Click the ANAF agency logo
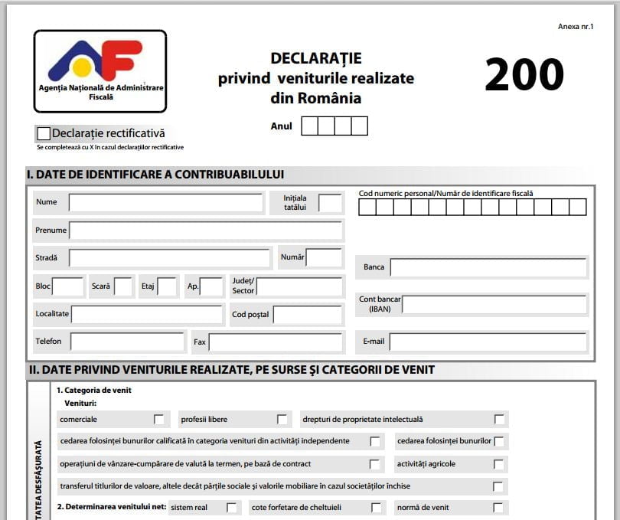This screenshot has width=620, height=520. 100,70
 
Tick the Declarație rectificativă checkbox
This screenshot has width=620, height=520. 44,134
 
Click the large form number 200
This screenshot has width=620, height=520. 524,75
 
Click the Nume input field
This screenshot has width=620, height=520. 165,203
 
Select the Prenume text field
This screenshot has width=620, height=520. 205,231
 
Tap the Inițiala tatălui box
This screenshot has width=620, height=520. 330,203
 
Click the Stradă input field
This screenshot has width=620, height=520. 169,258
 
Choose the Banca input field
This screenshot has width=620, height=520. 488,267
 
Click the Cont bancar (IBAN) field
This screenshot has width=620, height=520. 494,305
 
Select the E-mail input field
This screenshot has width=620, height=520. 488,342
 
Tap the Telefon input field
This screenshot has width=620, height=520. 128,342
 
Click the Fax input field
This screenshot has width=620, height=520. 275,342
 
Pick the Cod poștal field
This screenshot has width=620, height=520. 307,315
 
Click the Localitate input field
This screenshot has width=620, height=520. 146,315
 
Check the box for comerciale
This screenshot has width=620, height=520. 159,420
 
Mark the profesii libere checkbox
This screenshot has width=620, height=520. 282,420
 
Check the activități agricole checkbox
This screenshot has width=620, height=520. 498,464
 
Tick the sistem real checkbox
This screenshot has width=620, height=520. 232,508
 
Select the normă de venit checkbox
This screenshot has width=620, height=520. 498,508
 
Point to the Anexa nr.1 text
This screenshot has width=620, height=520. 576,27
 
